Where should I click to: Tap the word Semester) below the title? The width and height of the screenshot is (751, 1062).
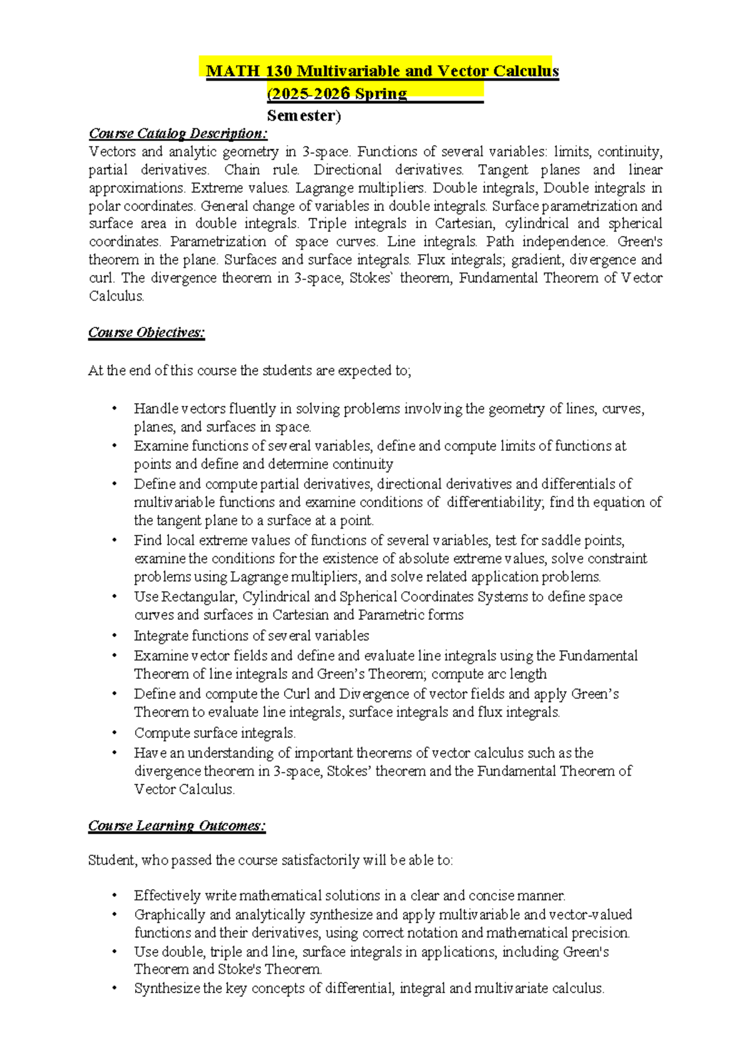coord(304,116)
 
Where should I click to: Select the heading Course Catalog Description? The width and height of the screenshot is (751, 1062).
coord(178,133)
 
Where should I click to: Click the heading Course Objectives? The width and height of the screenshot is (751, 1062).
coord(146,333)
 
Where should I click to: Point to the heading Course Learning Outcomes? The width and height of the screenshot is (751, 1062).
coord(176,826)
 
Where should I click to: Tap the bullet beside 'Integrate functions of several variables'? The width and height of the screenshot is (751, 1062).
coord(115,636)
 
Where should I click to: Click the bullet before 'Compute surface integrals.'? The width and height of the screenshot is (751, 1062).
coord(115,733)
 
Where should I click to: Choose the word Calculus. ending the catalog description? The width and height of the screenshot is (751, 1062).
coord(116,296)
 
